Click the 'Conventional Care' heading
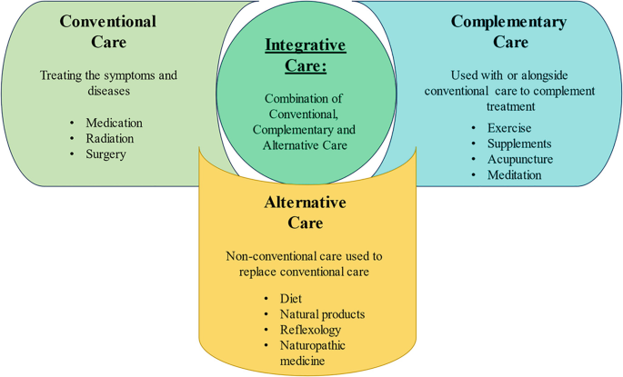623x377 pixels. pos(107,31)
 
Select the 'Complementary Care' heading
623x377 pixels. pos(509,31)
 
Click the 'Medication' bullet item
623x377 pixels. pos(114,124)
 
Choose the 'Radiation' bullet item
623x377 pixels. pos(109,139)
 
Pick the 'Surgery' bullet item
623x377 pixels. pos(106,154)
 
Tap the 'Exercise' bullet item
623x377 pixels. pos(509,128)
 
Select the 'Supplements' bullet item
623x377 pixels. pos(519,144)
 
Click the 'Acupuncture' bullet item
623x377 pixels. pos(520,159)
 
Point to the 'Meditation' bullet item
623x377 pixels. pos(514,174)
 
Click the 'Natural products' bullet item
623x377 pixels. pos(323,314)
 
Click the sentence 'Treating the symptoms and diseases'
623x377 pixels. pos(108,84)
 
